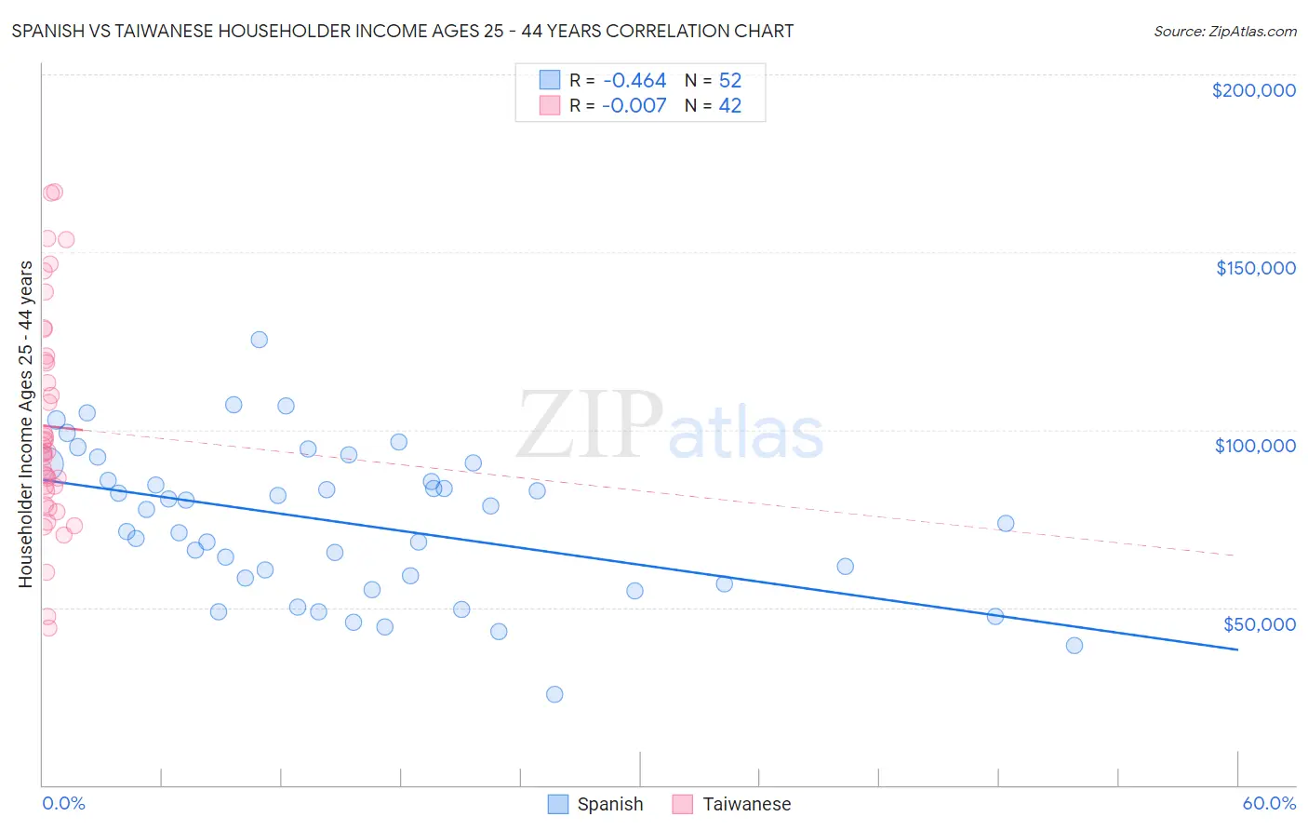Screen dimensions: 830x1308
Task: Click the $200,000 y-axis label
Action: [1253, 90]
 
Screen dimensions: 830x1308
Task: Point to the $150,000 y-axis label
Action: [1255, 268]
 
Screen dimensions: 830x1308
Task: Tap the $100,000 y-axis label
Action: [1255, 446]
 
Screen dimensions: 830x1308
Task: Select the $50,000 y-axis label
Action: [1259, 623]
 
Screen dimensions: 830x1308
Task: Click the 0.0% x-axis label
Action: [63, 803]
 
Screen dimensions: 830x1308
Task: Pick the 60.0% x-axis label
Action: [1268, 803]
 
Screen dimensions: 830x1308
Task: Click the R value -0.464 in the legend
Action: [634, 81]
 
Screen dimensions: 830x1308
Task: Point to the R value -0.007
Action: [634, 106]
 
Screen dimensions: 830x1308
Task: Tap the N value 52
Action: [729, 81]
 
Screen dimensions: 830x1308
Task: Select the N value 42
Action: [729, 106]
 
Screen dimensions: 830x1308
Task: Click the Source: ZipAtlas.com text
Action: [1224, 32]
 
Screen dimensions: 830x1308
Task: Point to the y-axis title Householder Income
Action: [25, 423]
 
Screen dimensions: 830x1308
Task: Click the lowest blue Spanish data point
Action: [554, 694]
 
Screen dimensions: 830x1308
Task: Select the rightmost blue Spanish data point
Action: [1074, 646]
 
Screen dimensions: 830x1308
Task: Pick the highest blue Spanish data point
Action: [260, 340]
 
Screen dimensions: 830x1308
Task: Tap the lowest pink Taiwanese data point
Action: [48, 628]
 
